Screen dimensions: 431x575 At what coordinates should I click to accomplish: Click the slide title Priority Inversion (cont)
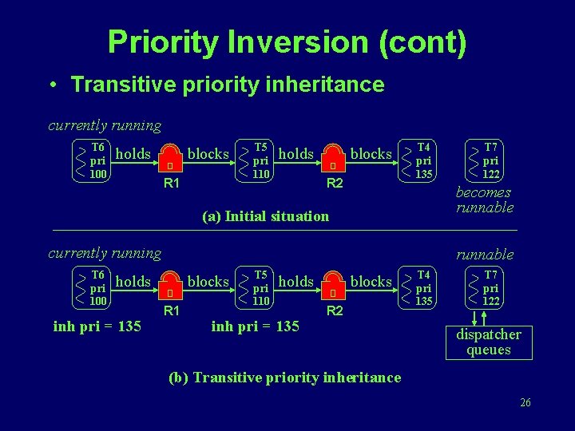(x=287, y=42)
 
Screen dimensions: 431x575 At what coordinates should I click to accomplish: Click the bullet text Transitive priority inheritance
(x=228, y=85)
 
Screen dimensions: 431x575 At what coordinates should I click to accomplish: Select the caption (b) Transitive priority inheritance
(x=284, y=378)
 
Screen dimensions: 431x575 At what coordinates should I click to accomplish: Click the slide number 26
(x=525, y=402)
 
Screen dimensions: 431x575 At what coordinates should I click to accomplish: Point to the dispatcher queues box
(x=488, y=342)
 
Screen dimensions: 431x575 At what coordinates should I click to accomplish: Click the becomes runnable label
(x=483, y=200)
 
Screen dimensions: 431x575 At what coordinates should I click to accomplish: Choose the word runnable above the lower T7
(x=485, y=255)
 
